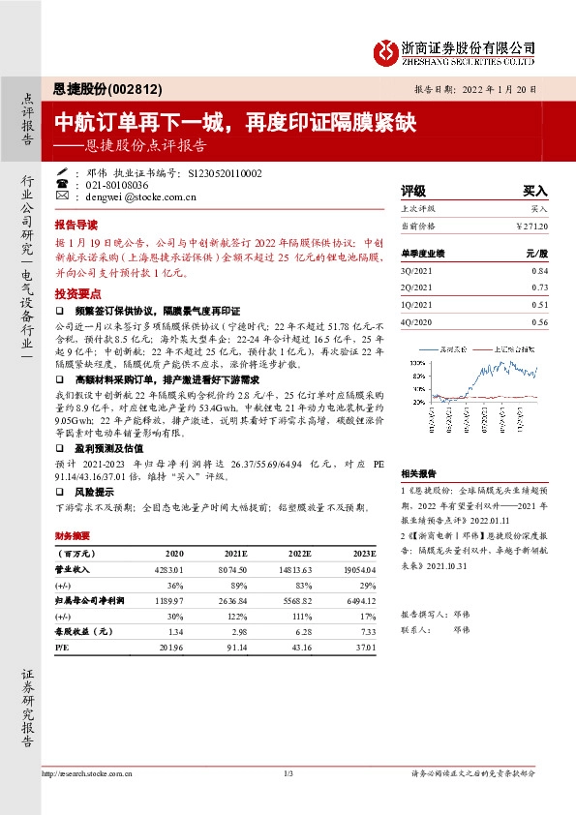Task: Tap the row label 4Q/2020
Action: (415, 321)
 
